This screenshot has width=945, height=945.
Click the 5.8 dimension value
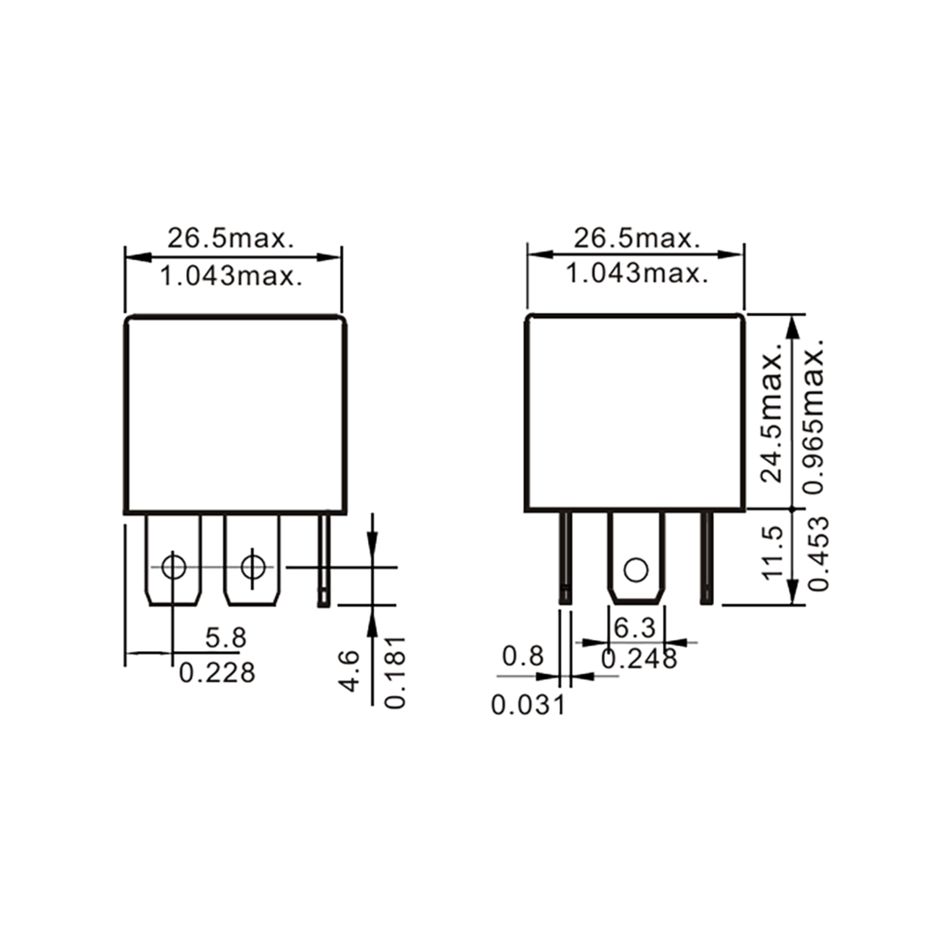coord(226,638)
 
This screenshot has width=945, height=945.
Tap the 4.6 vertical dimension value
coord(350,671)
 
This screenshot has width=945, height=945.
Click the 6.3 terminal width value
coord(634,628)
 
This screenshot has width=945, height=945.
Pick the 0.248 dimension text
coord(639,659)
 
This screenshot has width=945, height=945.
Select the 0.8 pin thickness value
coord(523,656)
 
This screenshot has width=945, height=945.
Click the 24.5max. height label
coord(773,418)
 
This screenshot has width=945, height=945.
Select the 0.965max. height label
coord(814,416)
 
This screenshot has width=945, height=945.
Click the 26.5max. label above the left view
coord(231,239)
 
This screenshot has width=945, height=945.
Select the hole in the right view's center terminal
coord(636,570)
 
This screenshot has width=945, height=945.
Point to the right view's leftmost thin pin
coord(565,558)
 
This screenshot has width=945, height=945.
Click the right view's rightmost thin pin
coord(706,558)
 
